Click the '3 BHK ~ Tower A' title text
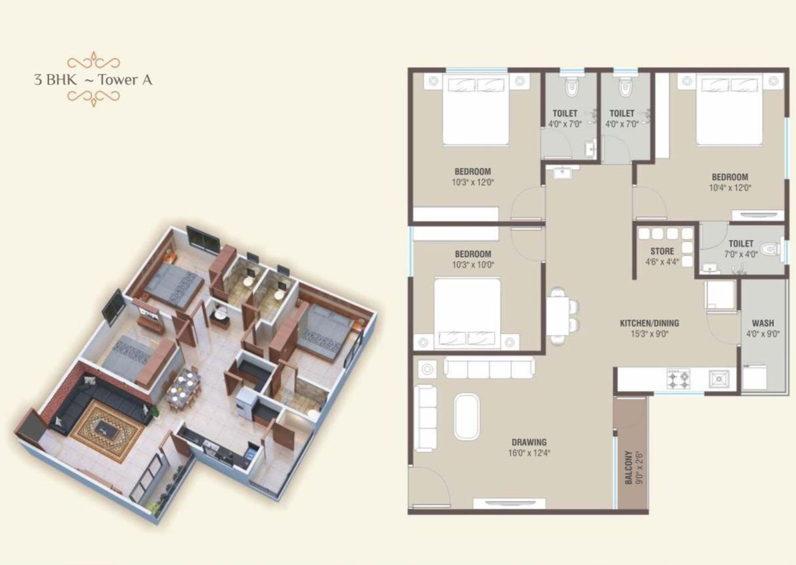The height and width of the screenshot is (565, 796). pos(93,80)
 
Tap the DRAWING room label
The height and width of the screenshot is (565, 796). pos(529,442)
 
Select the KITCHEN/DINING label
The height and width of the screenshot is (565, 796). pos(649,323)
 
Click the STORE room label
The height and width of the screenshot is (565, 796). pos(662,251)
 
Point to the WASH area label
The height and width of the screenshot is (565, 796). pos(763,324)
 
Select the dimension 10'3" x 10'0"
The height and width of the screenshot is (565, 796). pos(473,265)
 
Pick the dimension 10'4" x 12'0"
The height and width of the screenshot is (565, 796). pos(729,188)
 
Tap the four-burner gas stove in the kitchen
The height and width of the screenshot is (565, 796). pos(679,379)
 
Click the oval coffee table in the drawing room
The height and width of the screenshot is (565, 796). pos(465,416)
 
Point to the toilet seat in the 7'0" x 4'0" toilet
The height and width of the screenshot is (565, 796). pos(771,249)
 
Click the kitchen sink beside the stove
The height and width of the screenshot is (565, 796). pos(719,379)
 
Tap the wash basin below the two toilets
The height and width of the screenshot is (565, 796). pos(561,173)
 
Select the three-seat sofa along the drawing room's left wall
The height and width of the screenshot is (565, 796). pos(425,418)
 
